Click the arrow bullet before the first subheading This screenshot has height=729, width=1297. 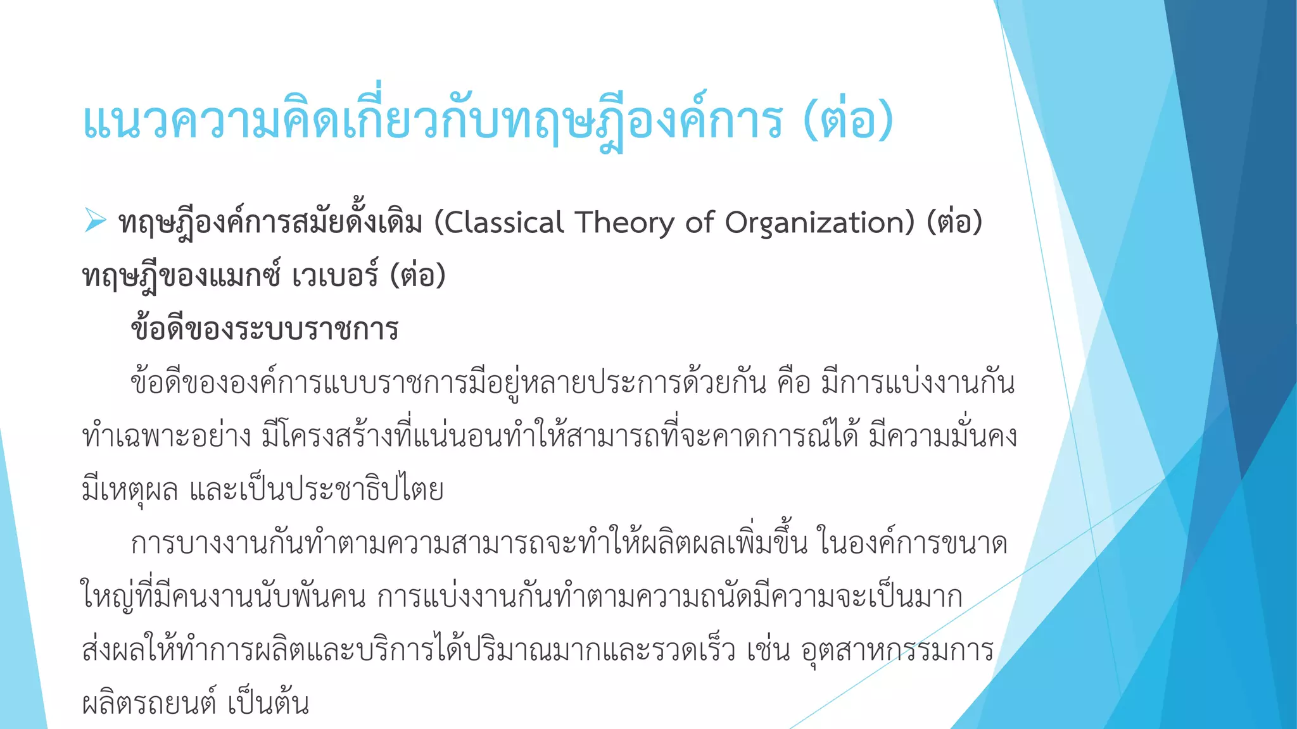95,221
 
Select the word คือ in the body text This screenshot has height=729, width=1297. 794,383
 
